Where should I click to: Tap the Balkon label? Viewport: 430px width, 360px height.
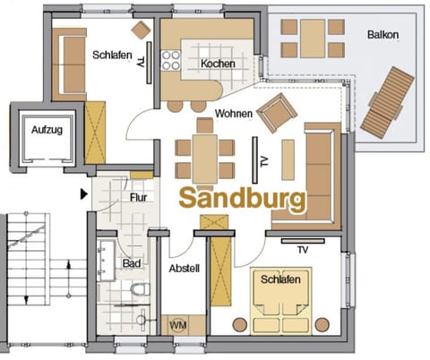tap(383, 35)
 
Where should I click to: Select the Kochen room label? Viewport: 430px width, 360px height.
tap(219, 64)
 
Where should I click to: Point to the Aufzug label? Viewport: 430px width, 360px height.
tap(47, 130)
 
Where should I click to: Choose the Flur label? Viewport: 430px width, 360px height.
tap(139, 197)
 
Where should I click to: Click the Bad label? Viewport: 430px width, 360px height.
tap(131, 264)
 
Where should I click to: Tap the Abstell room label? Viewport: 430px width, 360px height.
tap(183, 267)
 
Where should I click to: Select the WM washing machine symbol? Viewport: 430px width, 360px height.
tap(178, 324)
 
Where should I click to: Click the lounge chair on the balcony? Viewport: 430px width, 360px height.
tap(387, 102)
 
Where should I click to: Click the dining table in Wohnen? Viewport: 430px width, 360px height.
tap(204, 158)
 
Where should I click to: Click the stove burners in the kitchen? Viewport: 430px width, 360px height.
tap(169, 60)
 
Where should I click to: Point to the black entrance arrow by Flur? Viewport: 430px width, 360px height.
tap(84, 192)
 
